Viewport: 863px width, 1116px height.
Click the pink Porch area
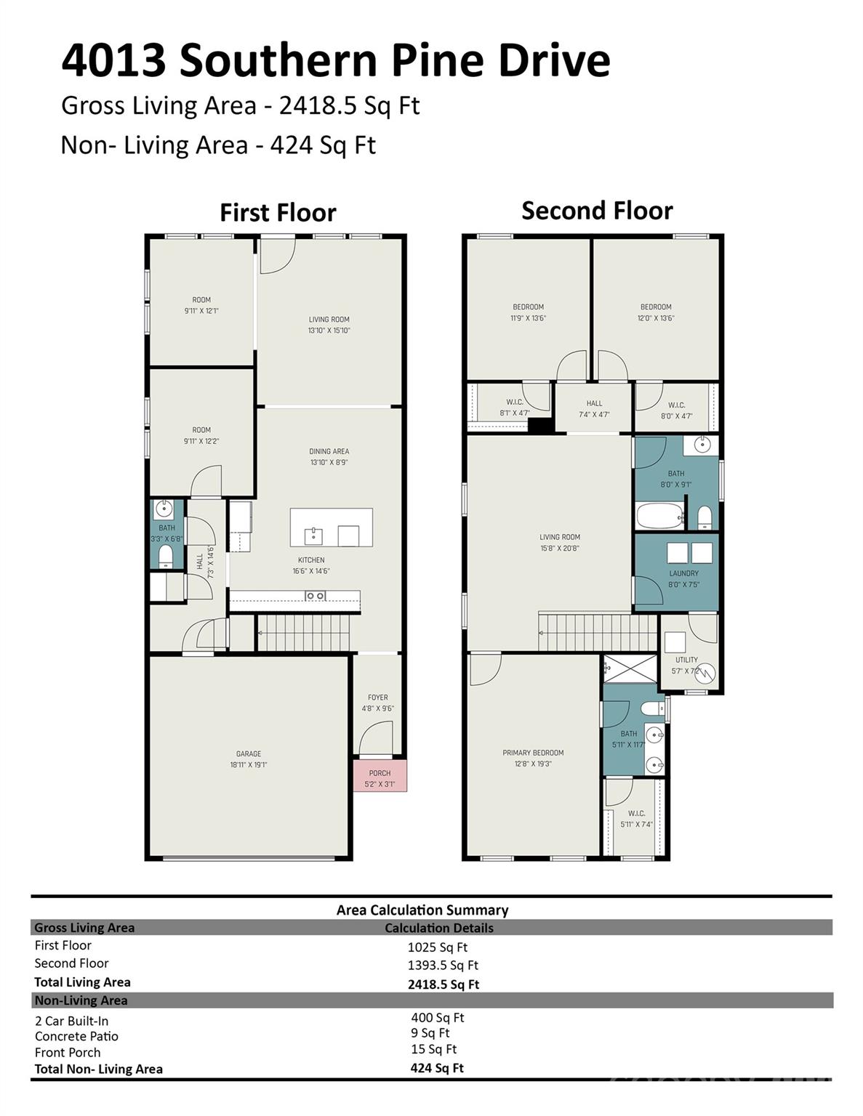[380, 777]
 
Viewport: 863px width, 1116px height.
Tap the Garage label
[249, 754]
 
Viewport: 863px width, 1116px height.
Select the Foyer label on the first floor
[377, 697]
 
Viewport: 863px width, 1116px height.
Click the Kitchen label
[311, 560]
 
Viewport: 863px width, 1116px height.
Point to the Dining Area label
[329, 451]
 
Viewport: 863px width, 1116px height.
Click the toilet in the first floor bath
[166, 557]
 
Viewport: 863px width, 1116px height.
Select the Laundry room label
[683, 573]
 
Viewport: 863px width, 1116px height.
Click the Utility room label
[686, 660]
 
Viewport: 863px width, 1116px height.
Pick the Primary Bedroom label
[533, 753]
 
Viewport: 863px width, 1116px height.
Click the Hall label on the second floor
[594, 403]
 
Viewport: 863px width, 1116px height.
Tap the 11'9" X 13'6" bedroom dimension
[528, 318]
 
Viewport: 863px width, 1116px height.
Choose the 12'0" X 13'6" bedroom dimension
[656, 318]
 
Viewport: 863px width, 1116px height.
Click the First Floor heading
[278, 213]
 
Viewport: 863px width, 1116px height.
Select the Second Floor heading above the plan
[597, 211]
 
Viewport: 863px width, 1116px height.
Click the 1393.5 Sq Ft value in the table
[443, 966]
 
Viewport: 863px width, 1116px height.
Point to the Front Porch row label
[68, 1053]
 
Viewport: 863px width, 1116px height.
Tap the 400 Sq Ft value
[437, 1018]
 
